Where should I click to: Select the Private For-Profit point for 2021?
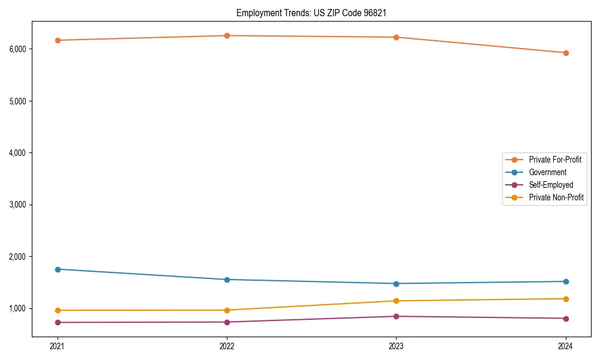[x=58, y=40]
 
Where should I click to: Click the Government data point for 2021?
[x=58, y=269]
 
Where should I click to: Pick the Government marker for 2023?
[x=396, y=284]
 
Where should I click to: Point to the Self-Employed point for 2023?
[x=396, y=316]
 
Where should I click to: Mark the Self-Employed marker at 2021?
[x=58, y=322]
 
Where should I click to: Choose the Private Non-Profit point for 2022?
[x=227, y=310]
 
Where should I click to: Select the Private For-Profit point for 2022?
[x=227, y=35]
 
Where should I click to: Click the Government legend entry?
[x=547, y=172]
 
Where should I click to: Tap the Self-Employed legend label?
[x=551, y=185]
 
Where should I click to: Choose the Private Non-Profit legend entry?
[x=556, y=197]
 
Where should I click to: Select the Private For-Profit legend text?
[x=555, y=160]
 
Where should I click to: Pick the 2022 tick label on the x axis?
[x=227, y=346]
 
